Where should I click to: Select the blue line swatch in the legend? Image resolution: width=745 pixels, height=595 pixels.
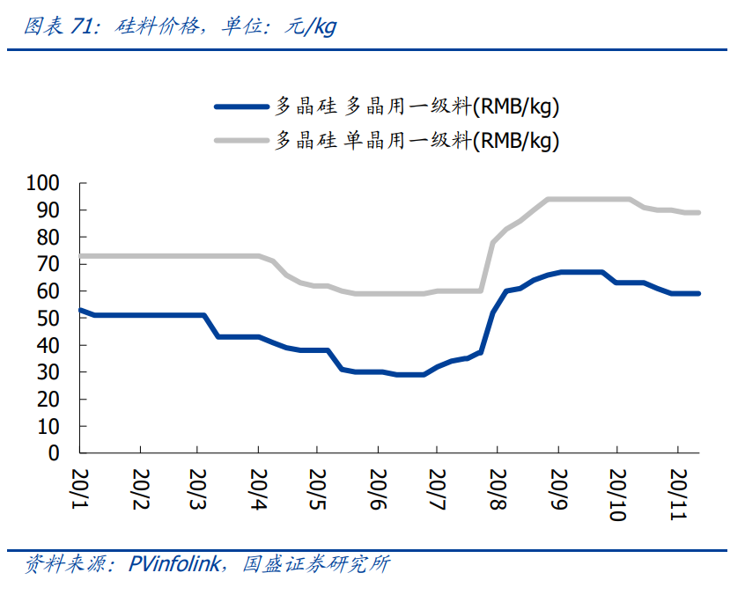pos(240,107)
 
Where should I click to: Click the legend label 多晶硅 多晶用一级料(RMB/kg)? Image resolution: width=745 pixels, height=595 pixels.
pos(417,107)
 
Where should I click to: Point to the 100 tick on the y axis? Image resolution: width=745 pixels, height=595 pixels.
pos(43,183)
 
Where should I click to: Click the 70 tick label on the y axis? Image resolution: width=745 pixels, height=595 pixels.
pos(48,264)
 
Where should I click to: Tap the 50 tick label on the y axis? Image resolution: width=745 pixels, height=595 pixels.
pos(48,318)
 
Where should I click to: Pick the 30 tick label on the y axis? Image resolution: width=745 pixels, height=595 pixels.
pos(48,372)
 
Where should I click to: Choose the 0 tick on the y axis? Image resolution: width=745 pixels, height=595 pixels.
pos(55,452)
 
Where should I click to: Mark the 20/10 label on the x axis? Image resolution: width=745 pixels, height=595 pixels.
pos(617,489)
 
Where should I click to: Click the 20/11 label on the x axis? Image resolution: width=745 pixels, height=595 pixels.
pos(677,489)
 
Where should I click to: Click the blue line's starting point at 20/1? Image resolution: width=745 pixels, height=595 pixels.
pos(80,310)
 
